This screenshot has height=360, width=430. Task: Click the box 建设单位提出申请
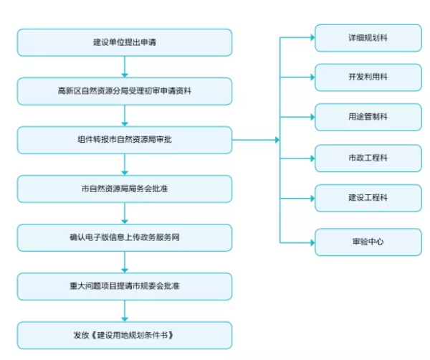(125, 42)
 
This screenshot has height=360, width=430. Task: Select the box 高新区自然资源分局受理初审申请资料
(125, 91)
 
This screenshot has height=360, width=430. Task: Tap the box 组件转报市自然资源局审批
(125, 140)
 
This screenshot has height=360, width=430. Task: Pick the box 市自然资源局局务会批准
(125, 189)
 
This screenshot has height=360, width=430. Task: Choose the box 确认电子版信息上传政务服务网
(125, 237)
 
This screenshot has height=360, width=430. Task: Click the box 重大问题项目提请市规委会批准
(125, 286)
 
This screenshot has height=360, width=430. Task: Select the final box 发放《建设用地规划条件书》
(125, 335)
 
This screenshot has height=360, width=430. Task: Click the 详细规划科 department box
(368, 38)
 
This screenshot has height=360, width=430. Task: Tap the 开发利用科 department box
(368, 77)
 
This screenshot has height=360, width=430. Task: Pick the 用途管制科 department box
(368, 117)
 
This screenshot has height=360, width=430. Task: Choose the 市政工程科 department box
(368, 158)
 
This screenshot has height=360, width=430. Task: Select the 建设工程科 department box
(368, 198)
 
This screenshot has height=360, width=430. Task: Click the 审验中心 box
(368, 242)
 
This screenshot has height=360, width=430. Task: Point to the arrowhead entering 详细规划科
(312, 37)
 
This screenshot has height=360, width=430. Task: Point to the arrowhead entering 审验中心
(312, 242)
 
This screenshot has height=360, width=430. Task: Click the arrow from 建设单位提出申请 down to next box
(125, 67)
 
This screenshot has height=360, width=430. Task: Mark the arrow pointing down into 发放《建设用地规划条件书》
(125, 311)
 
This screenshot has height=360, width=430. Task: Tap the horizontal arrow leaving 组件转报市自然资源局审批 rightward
(256, 140)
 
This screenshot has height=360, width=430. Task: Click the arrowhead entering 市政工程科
(312, 158)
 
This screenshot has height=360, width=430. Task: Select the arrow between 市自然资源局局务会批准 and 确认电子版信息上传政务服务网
(125, 213)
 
